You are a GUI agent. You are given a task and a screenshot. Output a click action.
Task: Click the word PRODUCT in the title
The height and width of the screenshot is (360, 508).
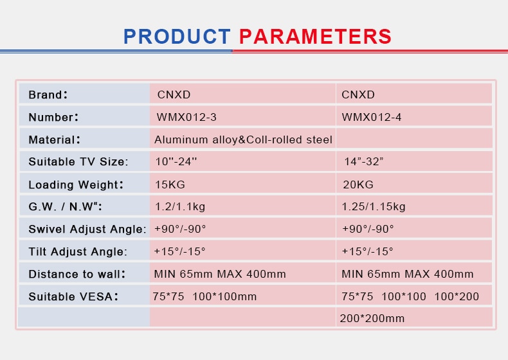177,36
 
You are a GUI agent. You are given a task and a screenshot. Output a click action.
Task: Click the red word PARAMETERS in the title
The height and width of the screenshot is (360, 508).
315,36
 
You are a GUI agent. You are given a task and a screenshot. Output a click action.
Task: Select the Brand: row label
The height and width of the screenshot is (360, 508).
48,94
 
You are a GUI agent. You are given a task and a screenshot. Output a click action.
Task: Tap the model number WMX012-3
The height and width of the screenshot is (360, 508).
186,117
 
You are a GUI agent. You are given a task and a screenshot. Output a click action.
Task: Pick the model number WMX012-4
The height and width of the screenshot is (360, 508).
372,117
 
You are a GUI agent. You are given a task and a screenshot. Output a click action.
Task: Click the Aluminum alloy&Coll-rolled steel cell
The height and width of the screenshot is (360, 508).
243,139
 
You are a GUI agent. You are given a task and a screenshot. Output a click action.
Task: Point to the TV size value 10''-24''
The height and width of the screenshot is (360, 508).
176,161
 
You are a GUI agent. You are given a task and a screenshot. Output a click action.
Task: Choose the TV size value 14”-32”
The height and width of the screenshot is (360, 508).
363,161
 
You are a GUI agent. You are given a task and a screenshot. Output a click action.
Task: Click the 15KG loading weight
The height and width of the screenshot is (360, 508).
170,184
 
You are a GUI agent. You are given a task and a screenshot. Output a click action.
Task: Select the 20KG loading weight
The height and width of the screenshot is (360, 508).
358,184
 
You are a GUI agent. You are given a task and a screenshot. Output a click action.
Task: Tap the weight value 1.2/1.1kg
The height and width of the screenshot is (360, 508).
180,207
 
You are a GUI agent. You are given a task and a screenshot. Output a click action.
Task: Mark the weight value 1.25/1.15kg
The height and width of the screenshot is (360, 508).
374,207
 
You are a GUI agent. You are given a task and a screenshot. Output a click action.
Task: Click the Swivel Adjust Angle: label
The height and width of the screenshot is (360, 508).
87,229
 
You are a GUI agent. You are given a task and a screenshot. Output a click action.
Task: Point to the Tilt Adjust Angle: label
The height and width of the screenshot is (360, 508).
78,251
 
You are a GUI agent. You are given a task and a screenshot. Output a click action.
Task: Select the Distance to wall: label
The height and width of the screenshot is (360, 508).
77,274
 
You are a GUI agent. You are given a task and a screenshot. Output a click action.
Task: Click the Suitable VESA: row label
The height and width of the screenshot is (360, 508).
73,296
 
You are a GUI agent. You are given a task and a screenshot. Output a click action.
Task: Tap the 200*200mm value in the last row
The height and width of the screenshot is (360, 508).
372,318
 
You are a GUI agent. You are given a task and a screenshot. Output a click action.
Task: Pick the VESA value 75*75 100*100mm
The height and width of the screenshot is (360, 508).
204,296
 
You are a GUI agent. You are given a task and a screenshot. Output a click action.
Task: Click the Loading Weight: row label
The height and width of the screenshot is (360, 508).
76,184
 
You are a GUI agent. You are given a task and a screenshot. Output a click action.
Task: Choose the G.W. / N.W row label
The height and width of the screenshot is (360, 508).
65,207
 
